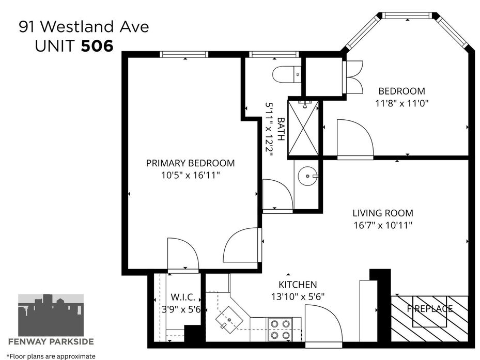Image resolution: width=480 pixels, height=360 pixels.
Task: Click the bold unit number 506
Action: click(x=97, y=46)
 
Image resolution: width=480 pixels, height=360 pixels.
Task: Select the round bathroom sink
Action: click(x=307, y=176)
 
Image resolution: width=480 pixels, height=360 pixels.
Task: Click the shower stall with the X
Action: click(x=303, y=128)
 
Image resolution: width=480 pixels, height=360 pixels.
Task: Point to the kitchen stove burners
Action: click(x=281, y=329)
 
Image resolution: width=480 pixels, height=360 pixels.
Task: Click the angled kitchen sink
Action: click(x=229, y=320)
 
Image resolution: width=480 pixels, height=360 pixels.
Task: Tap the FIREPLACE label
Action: click(x=429, y=308)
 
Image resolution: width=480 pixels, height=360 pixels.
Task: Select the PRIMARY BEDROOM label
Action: click(x=190, y=163)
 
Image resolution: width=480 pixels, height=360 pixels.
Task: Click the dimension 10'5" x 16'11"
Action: click(x=191, y=176)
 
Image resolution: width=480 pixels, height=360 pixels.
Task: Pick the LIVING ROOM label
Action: click(x=383, y=213)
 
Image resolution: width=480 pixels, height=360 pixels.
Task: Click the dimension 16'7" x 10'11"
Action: click(x=383, y=225)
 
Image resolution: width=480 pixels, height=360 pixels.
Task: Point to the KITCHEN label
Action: click(x=298, y=285)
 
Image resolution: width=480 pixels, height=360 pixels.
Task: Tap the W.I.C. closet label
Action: click(x=183, y=296)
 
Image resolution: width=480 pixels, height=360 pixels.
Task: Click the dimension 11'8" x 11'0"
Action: click(x=401, y=103)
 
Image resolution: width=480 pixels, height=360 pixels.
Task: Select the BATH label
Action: click(x=281, y=129)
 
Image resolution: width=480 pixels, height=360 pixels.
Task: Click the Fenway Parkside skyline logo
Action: click(x=51, y=315)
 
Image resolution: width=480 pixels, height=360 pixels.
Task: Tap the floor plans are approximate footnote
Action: click(x=51, y=356)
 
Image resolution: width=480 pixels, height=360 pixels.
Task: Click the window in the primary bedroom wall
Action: click(x=184, y=54)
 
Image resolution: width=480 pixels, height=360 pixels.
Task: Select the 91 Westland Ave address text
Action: click(x=84, y=26)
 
